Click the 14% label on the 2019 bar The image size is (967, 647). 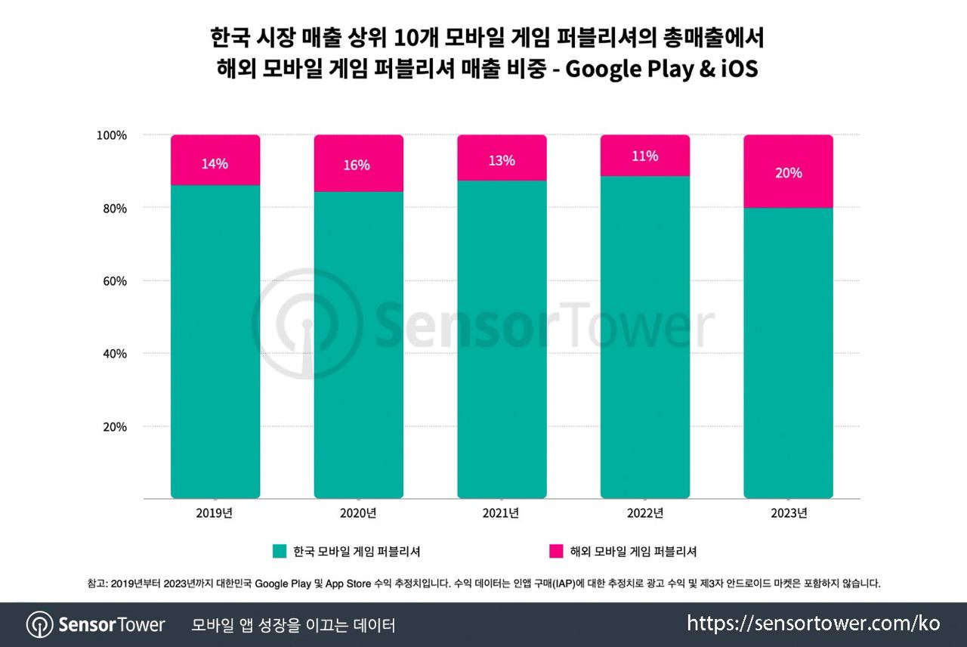pyautogui.click(x=215, y=164)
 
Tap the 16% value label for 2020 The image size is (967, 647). pyautogui.click(x=357, y=165)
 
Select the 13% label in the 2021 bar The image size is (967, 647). pyautogui.click(x=501, y=160)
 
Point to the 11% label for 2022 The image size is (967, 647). pyautogui.click(x=644, y=156)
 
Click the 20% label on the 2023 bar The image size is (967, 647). pyautogui.click(x=788, y=173)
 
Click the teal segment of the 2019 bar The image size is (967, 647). pyautogui.click(x=215, y=340)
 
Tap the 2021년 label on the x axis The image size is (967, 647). pyautogui.click(x=501, y=514)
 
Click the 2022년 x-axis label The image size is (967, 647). pyautogui.click(x=644, y=514)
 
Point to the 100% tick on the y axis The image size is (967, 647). pyautogui.click(x=112, y=135)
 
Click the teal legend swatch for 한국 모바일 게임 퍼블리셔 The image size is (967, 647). pyautogui.click(x=280, y=551)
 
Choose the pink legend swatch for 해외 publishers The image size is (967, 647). pyautogui.click(x=557, y=551)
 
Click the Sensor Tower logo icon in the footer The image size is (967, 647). pyautogui.click(x=39, y=624)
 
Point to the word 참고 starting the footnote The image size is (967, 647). pyautogui.click(x=96, y=584)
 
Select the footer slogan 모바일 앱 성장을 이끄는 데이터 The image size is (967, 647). pyautogui.click(x=293, y=625)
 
